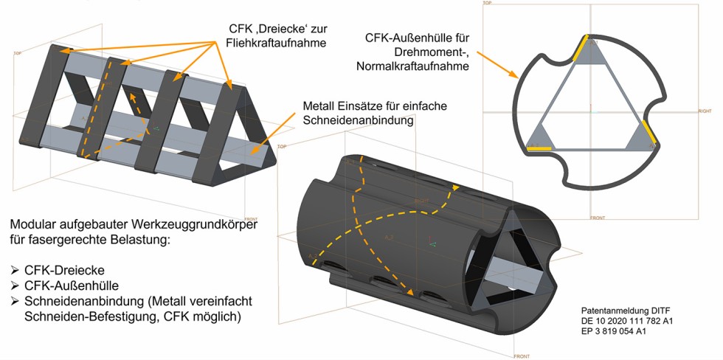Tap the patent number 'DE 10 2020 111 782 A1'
click(x=628, y=322)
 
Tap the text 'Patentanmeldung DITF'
click(x=624, y=311)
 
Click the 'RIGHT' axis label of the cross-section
click(x=704, y=111)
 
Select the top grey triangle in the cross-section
click(x=590, y=55)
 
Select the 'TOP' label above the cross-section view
click(x=487, y=3)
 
